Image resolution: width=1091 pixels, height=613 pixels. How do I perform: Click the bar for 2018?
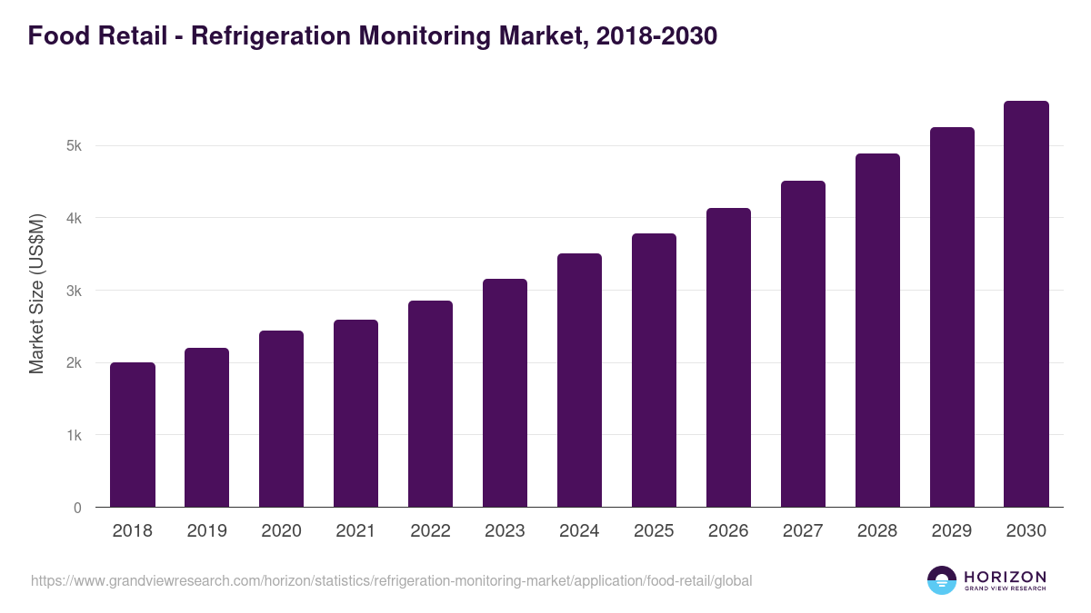click(132, 435)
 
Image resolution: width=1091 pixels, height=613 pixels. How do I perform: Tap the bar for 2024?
click(579, 381)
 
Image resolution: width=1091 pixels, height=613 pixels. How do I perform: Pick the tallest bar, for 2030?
click(1026, 304)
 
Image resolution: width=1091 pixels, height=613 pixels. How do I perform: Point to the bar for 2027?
click(803, 344)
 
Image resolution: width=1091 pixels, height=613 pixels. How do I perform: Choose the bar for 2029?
click(952, 317)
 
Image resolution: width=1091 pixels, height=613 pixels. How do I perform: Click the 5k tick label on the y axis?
click(74, 146)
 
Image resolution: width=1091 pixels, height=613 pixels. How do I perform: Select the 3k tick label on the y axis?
click(74, 291)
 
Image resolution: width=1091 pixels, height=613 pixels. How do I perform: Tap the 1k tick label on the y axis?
click(74, 435)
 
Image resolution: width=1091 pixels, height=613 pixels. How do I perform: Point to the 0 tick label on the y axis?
click(77, 508)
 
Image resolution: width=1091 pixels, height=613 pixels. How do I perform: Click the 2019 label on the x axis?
click(206, 531)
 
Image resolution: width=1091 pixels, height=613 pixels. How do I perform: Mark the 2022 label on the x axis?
click(430, 531)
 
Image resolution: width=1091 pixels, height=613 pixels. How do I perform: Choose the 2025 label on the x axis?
click(654, 531)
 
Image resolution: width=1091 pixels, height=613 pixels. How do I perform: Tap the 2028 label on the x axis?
click(877, 531)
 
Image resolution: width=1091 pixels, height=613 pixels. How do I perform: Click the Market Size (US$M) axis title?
click(36, 294)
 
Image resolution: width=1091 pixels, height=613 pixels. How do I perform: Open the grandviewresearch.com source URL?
click(391, 580)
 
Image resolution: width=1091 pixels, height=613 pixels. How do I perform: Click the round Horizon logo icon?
click(942, 580)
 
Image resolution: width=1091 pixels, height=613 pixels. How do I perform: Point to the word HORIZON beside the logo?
click(1005, 577)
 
